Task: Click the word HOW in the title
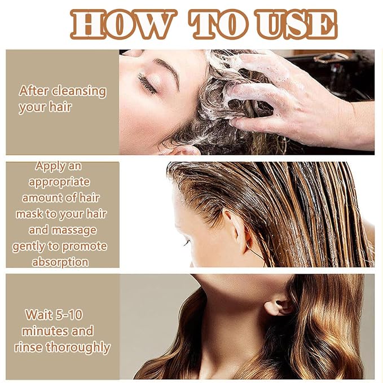pos(124,24)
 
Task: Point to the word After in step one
pos(34,91)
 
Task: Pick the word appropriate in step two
pos(59,182)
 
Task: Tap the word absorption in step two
pos(60,262)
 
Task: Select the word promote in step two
pos(84,246)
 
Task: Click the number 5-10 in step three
pos(69,315)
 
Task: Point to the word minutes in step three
pos(43,331)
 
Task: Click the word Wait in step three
pos(38,315)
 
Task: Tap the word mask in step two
pos(29,214)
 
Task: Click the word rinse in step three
pos(28,347)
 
